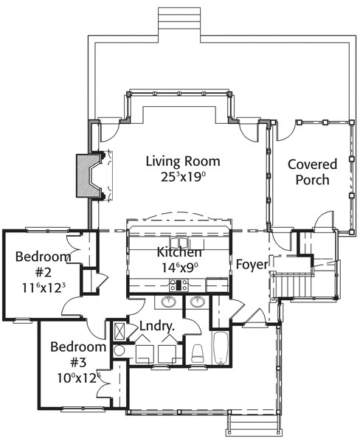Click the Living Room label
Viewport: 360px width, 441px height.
click(x=183, y=162)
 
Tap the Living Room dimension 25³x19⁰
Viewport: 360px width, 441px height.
click(x=183, y=177)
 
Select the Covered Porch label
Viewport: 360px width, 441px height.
click(x=313, y=172)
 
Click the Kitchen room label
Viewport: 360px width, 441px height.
click(x=179, y=252)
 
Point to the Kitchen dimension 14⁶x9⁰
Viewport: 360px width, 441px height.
click(x=179, y=267)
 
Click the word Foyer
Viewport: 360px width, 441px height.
click(x=252, y=265)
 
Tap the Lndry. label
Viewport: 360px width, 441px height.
click(x=157, y=327)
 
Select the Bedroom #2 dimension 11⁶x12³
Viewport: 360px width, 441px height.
click(x=44, y=288)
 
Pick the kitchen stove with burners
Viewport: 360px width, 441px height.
click(x=179, y=285)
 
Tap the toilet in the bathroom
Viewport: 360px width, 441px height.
click(x=198, y=353)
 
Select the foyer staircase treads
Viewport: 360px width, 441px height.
click(x=291, y=287)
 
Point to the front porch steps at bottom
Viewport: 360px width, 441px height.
click(x=253, y=425)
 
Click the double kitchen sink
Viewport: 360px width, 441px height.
click(x=179, y=242)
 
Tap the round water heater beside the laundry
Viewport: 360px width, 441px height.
click(x=119, y=351)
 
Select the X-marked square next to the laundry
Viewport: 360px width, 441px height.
click(x=120, y=332)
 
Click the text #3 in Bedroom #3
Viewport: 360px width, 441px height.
click(x=78, y=363)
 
